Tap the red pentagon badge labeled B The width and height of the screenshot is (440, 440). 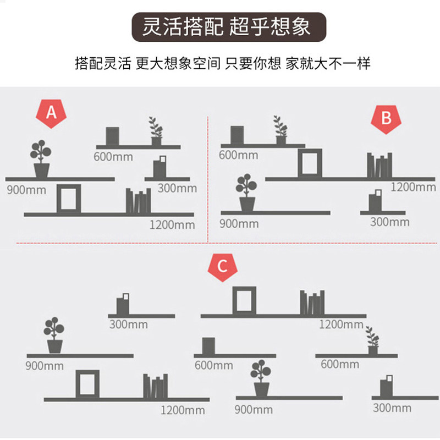(x=386, y=117)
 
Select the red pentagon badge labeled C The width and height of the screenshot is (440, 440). (x=222, y=267)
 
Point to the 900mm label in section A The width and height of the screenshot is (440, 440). (x=26, y=190)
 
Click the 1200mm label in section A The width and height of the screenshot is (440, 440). (x=172, y=224)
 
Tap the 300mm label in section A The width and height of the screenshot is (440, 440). (x=177, y=188)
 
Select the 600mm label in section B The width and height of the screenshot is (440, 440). (x=238, y=155)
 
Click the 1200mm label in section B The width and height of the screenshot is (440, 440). (x=413, y=187)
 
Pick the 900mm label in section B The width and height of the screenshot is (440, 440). (x=239, y=223)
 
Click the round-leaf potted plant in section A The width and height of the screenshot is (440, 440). (x=41, y=159)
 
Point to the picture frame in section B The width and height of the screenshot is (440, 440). (x=309, y=163)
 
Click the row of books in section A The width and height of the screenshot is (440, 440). (x=138, y=201)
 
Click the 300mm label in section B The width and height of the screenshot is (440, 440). (x=389, y=222)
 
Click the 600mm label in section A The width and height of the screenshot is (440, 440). (x=113, y=157)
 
